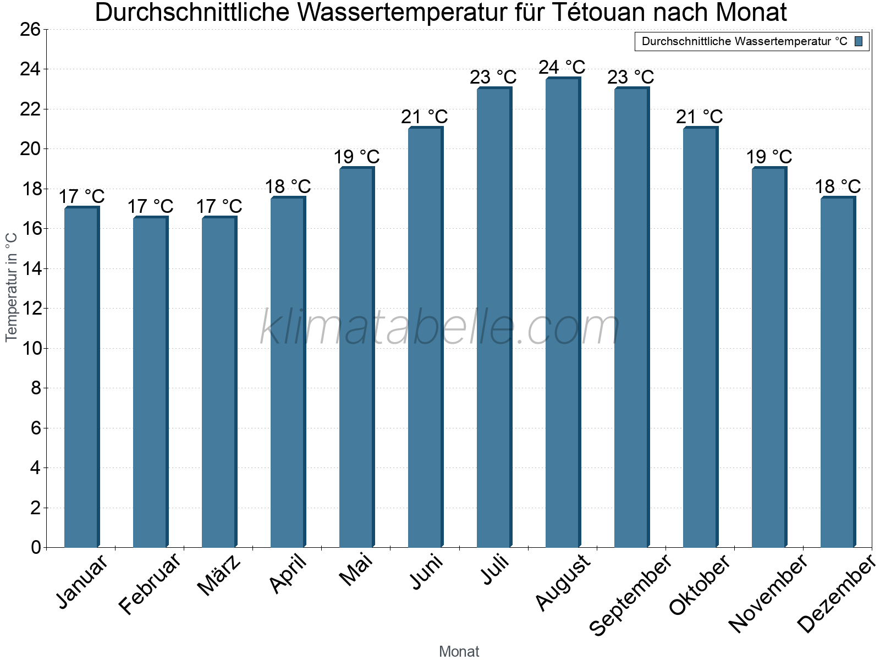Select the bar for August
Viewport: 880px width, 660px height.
tap(563, 313)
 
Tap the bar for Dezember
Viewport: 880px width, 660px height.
tap(838, 372)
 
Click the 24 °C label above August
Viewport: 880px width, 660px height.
tap(562, 67)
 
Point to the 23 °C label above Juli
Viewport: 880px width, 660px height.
tap(493, 77)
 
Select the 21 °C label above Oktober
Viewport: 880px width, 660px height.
tap(699, 117)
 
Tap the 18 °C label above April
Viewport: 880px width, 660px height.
tap(288, 186)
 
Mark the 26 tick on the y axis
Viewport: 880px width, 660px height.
tap(30, 29)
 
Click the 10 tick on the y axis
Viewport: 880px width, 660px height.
tap(30, 348)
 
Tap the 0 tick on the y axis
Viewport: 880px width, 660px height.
tap(36, 547)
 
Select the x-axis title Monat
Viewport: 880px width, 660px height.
tap(459, 651)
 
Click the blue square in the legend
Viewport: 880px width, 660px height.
tap(859, 41)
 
